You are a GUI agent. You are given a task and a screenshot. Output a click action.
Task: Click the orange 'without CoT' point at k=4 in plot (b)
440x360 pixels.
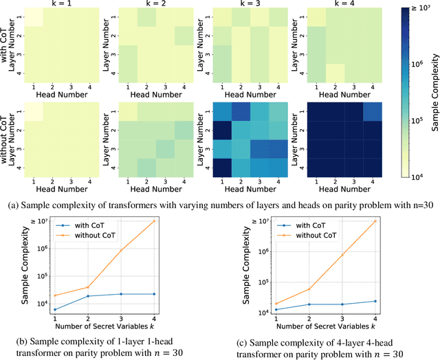click(x=173, y=221)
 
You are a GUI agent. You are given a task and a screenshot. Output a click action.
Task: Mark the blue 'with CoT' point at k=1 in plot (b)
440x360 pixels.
click(x=55, y=310)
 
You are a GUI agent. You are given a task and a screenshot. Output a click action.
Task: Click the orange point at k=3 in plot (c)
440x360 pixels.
click(x=342, y=255)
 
